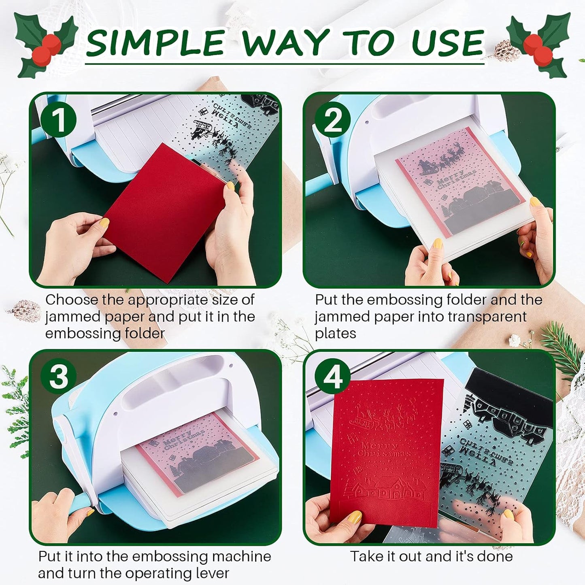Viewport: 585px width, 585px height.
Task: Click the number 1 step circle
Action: click(58, 120)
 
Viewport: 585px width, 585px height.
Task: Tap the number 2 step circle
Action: click(333, 120)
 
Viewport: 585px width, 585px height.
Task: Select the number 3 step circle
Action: click(58, 377)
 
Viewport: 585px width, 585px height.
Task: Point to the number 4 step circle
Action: click(333, 377)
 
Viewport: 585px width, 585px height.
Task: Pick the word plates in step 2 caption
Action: click(335, 334)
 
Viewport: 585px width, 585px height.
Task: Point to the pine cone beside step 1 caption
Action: click(25, 311)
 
